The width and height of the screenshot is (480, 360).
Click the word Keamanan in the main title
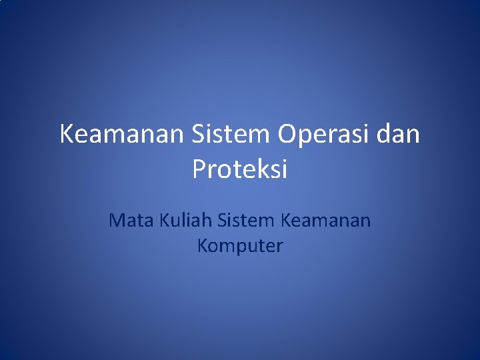point(121,135)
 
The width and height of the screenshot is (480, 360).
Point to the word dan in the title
point(398,135)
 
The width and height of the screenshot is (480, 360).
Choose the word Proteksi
point(240,169)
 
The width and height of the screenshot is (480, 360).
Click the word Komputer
point(240,246)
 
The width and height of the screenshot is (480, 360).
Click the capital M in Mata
point(117,219)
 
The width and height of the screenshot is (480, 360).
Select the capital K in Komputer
point(203,246)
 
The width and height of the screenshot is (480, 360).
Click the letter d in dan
point(383,135)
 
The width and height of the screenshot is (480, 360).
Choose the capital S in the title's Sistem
point(199,135)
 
